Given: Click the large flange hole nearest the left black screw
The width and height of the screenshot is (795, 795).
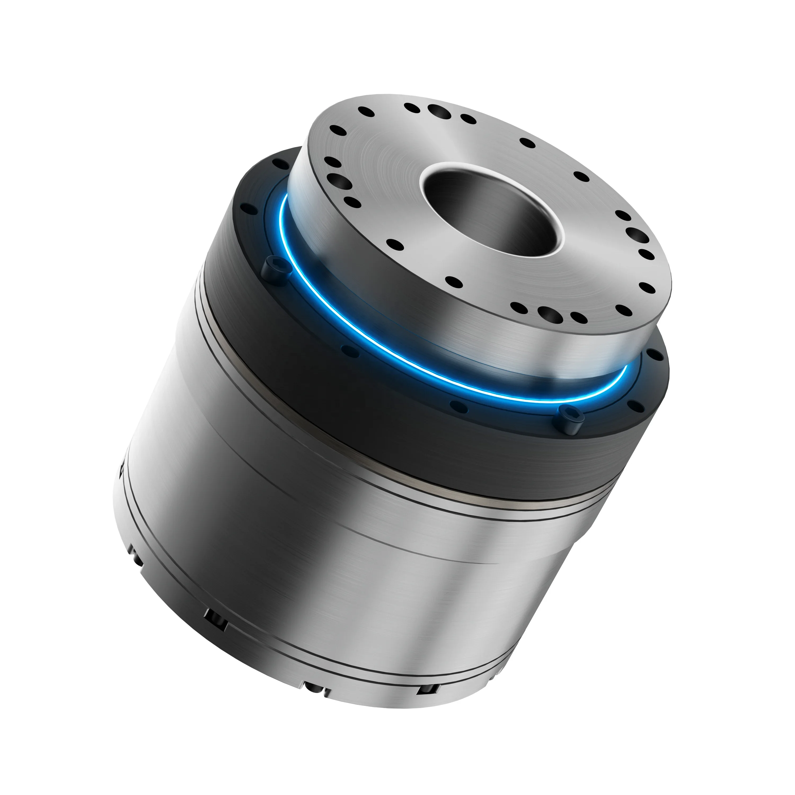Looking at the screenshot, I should tap(339, 181).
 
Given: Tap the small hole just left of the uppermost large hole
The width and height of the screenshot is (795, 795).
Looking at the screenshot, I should tap(412, 108).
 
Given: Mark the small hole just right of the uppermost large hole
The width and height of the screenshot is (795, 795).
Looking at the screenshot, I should tap(468, 119).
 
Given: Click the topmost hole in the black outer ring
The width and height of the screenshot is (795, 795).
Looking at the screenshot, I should tap(281, 164).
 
